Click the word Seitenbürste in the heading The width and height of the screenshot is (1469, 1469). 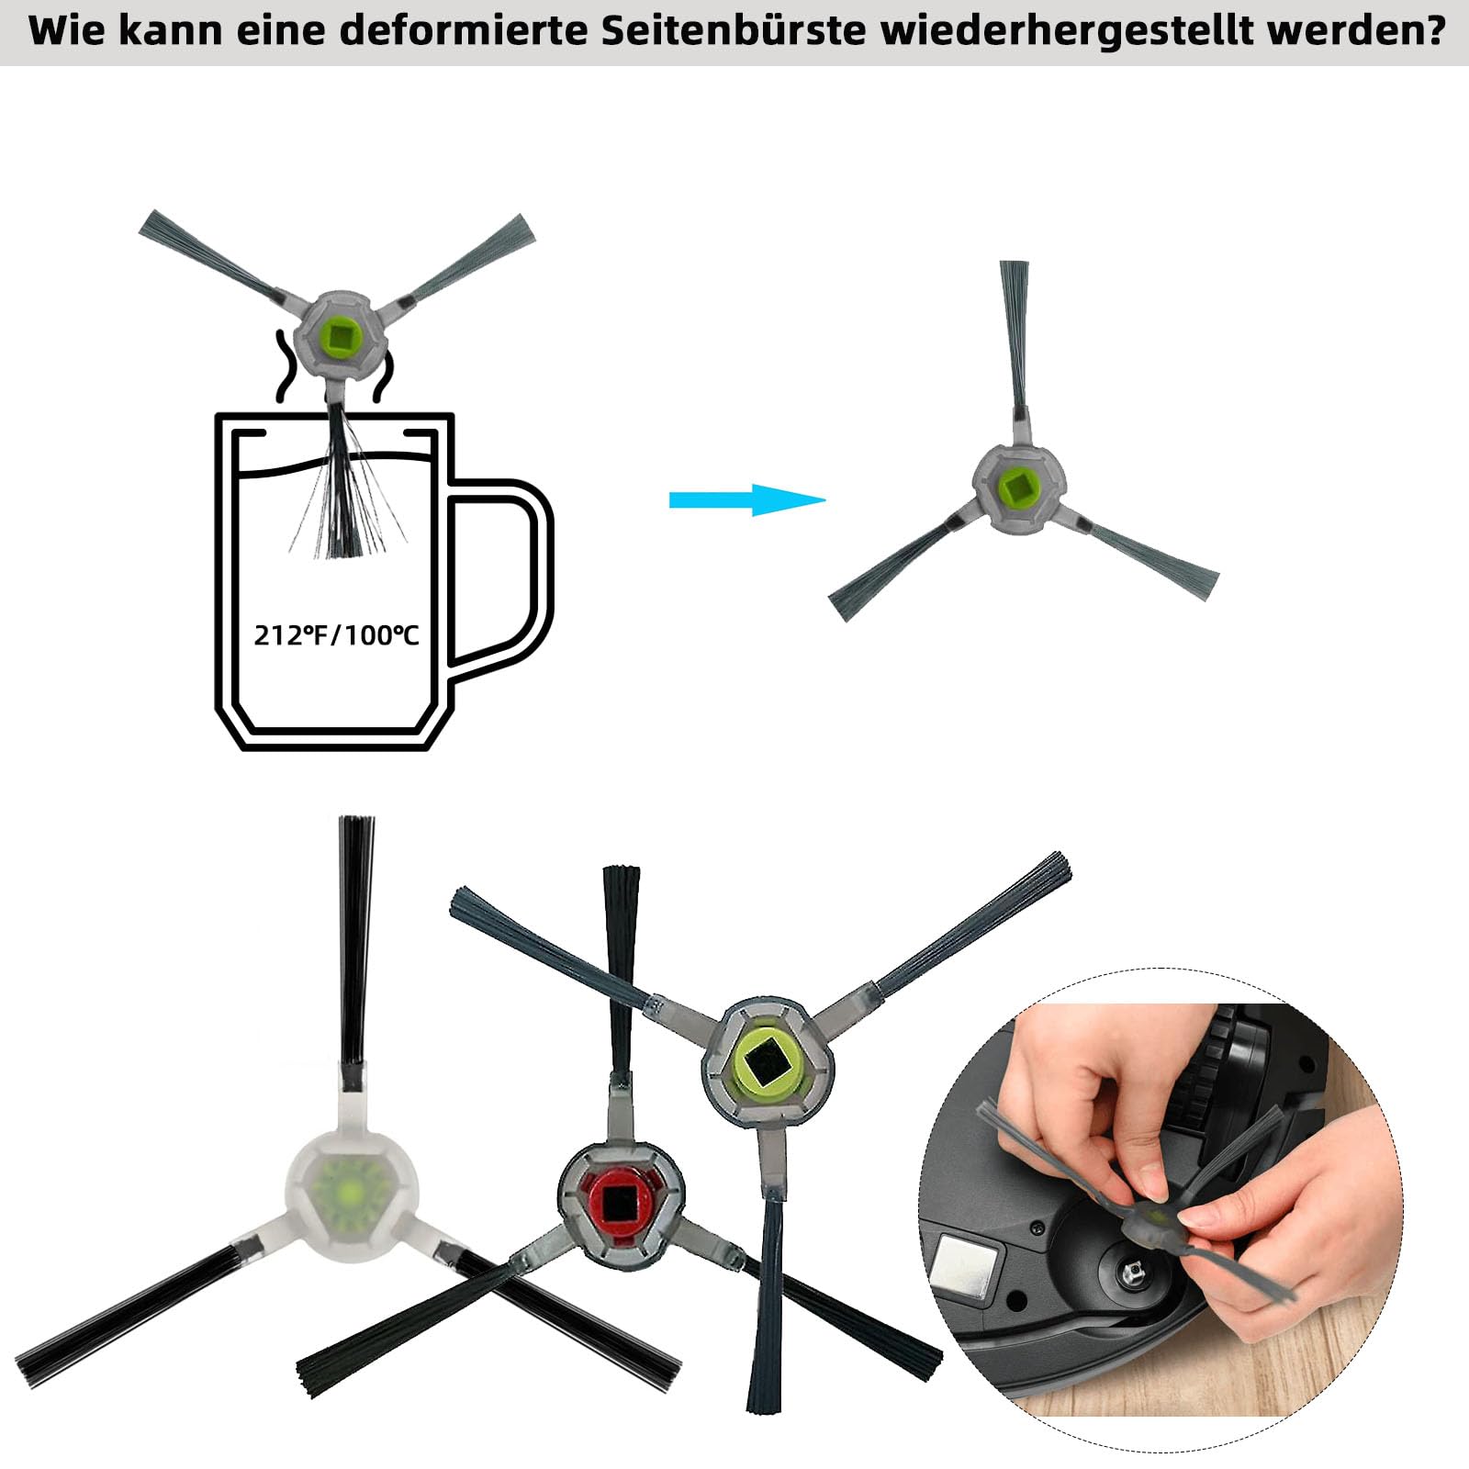734,30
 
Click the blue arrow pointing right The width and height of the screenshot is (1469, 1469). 747,500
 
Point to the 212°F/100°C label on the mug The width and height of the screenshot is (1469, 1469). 336,634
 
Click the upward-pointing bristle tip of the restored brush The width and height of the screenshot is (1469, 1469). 1014,266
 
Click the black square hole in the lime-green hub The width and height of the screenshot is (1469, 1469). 768,1061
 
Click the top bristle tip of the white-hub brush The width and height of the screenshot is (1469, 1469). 356,820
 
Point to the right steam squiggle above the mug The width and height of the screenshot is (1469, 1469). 383,376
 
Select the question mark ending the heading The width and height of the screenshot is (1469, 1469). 1433,30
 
